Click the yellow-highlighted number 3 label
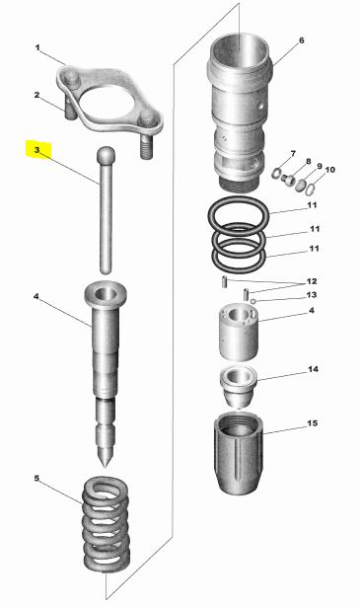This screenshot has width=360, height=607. [37, 150]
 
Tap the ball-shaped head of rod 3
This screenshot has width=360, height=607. [106, 156]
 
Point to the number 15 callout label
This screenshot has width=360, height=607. [312, 423]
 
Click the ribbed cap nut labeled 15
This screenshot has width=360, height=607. [239, 452]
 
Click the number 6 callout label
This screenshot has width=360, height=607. [302, 40]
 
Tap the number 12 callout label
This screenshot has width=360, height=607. [312, 281]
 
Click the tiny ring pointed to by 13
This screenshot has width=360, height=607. [252, 301]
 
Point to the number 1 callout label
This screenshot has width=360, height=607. [37, 48]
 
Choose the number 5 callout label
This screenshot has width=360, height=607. [36, 479]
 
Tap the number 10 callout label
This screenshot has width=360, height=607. [329, 170]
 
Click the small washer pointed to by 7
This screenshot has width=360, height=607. [277, 173]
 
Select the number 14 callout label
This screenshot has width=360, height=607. [313, 369]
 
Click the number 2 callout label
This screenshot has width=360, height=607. [36, 95]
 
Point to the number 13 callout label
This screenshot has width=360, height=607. [312, 295]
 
